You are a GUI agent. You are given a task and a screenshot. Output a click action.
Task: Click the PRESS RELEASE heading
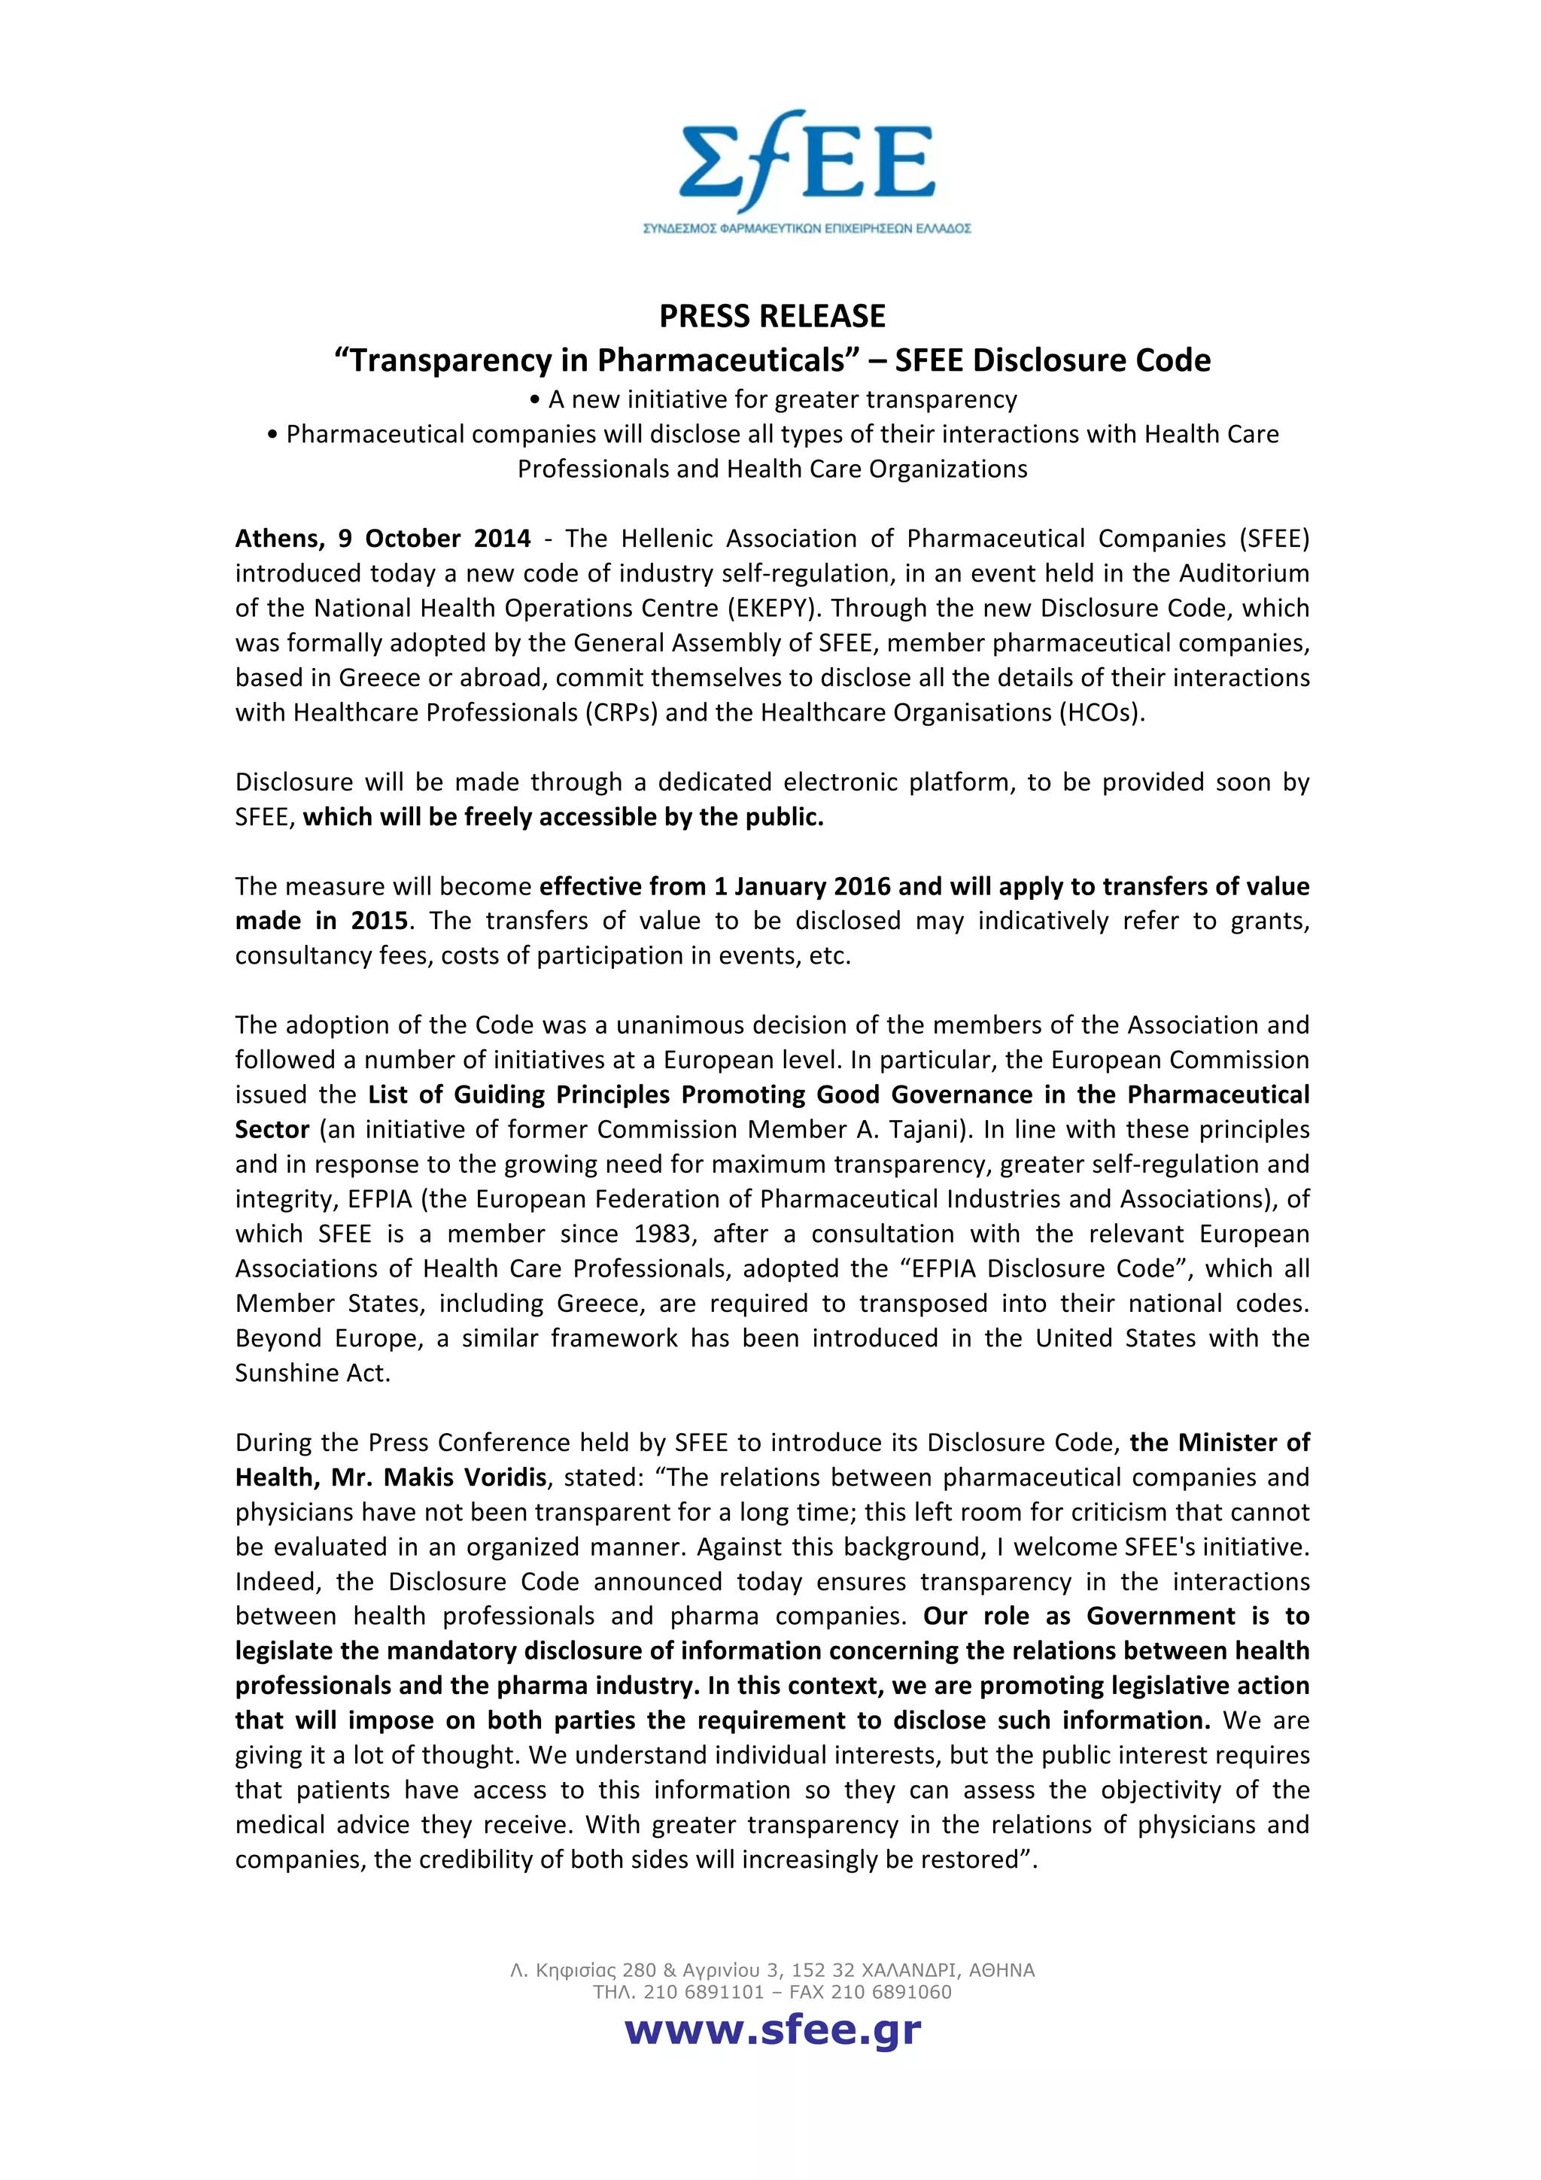(772, 316)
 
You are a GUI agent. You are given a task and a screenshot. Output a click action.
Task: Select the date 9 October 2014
(434, 539)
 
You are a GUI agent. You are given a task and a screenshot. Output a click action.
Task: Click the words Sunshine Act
(312, 1373)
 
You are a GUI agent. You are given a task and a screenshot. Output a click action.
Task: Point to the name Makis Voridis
(465, 1477)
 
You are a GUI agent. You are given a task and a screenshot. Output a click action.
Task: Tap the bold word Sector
(272, 1129)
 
